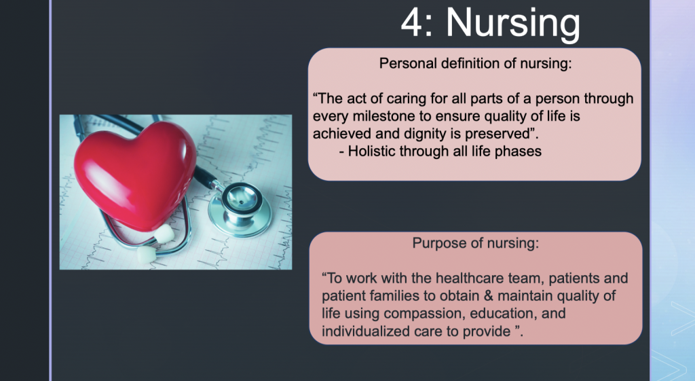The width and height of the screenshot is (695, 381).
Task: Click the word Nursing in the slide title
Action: coord(513,23)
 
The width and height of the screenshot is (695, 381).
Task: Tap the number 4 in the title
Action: coord(412,22)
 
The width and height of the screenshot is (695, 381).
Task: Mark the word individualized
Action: coord(366,331)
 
